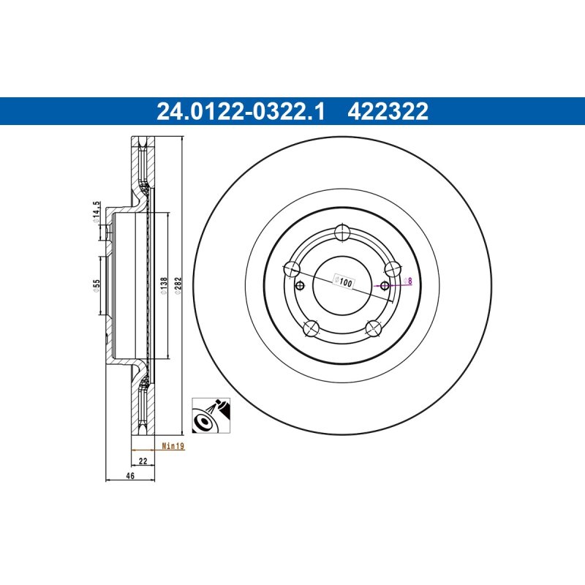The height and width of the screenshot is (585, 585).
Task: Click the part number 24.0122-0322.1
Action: point(241,112)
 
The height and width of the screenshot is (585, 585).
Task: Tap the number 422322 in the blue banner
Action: point(388,112)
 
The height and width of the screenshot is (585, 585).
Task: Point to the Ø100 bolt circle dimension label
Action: point(343,282)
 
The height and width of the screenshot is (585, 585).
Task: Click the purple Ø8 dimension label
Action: point(408,281)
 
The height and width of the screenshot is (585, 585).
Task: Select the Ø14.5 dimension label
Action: point(97,212)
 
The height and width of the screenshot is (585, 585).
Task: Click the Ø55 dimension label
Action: point(97,286)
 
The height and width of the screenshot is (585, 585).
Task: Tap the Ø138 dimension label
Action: point(163,286)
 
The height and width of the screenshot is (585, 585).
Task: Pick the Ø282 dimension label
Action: point(178,286)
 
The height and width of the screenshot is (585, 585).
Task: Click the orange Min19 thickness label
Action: point(173,446)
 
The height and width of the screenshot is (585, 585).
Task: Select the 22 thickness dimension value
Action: point(143,461)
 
